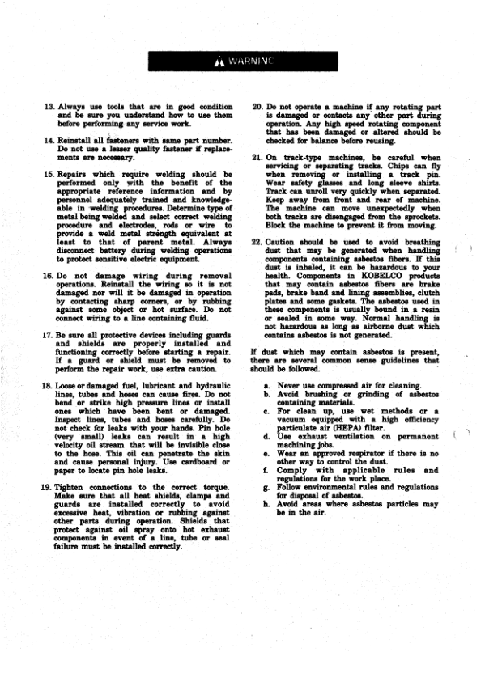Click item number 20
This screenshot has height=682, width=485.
point(257,108)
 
